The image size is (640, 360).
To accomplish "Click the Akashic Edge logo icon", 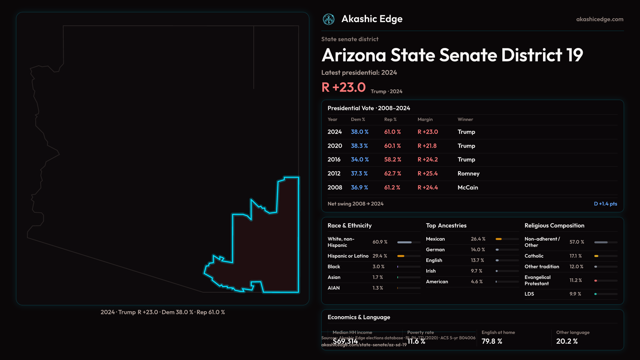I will pos(329,19).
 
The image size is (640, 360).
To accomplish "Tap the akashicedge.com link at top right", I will pos(600,19).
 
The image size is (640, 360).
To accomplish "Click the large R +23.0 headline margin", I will pos(343,87).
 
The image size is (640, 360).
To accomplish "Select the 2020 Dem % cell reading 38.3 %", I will pos(359,146).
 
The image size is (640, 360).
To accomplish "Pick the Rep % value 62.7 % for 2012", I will pos(392,174).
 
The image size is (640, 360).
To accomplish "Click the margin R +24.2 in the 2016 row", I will pos(428,160).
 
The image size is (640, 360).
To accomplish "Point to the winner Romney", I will pos(468,174).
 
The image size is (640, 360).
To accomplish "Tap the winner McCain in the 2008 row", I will pos(468,188).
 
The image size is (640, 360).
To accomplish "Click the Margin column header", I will pos(425,119).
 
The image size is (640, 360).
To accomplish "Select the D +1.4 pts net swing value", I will pos(605,204).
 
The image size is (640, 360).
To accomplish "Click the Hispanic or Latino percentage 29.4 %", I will pos(380,256).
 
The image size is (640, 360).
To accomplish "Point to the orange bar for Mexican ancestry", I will pos(499,239).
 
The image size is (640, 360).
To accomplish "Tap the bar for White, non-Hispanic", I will pos(404,242).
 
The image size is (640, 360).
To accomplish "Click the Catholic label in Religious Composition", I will pos(534,256).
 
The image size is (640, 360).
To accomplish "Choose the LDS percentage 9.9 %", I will pos(575,294).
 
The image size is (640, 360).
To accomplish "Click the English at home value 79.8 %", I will pos(492,341).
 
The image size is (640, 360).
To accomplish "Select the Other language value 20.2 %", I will pos(567,341).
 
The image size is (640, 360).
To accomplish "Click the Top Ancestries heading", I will pos(446,226).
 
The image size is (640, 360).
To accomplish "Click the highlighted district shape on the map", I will pos(267,253).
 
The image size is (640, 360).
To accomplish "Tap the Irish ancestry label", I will pos(431,271).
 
